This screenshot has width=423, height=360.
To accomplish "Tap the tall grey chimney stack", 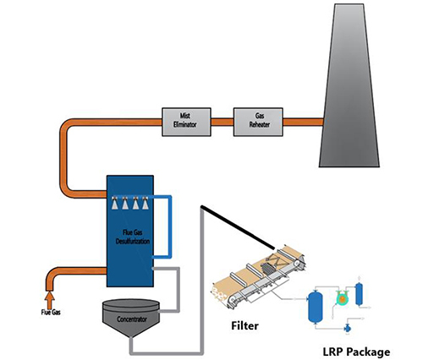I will (355, 93).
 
